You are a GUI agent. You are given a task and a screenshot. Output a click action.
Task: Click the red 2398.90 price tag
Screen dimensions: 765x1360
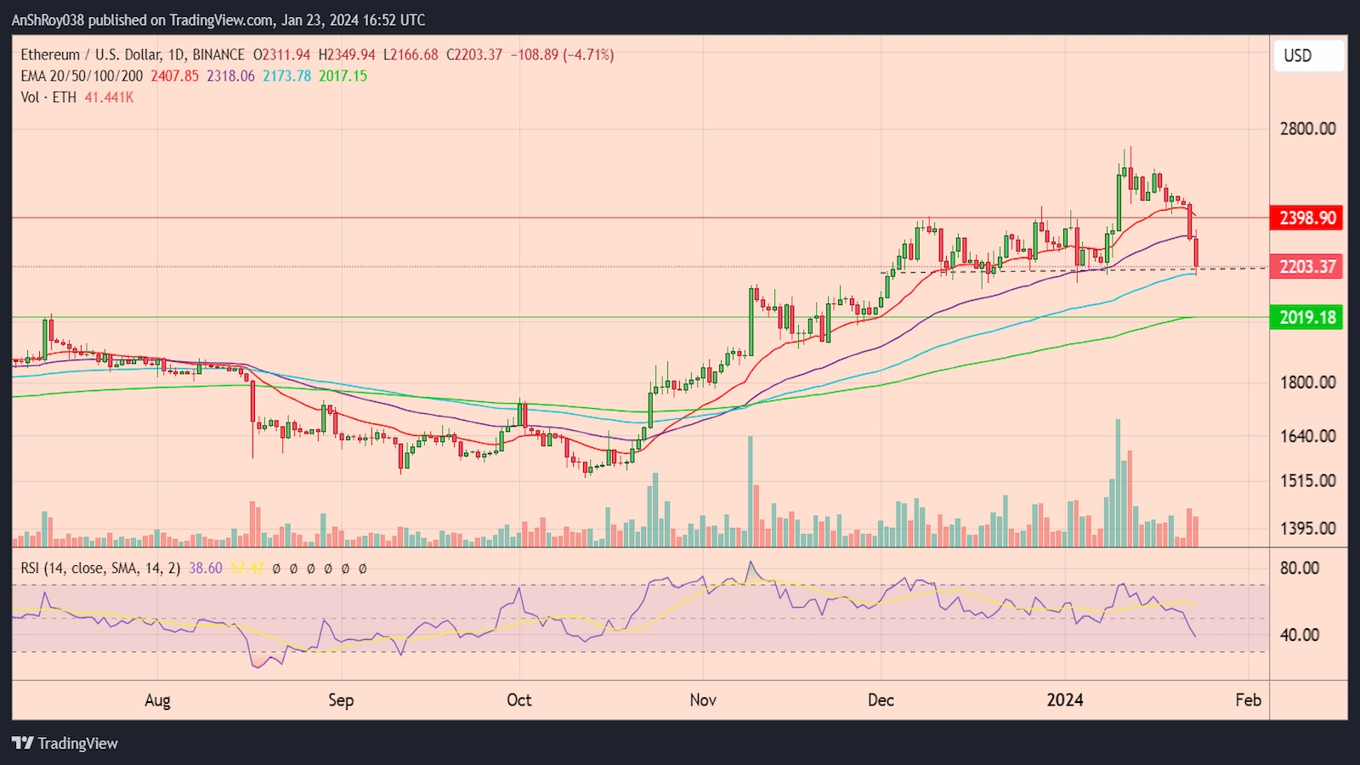pyautogui.click(x=1307, y=218)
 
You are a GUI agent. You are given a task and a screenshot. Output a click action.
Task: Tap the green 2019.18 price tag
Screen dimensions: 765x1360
pyautogui.click(x=1307, y=317)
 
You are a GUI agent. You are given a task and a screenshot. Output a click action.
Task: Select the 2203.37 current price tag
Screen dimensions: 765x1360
pyautogui.click(x=1307, y=266)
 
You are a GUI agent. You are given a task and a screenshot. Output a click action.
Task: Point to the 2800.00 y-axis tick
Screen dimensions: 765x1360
pyautogui.click(x=1307, y=128)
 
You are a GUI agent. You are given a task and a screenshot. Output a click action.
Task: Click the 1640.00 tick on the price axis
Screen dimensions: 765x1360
pyautogui.click(x=1307, y=435)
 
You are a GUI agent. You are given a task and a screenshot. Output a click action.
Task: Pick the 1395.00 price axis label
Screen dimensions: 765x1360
pyautogui.click(x=1307, y=528)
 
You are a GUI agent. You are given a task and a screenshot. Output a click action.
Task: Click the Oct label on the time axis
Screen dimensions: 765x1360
pyautogui.click(x=518, y=700)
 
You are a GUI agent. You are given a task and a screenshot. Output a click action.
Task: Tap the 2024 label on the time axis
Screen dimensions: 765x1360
pyautogui.click(x=1064, y=700)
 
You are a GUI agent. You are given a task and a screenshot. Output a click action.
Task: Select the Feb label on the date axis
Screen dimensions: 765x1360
pyautogui.click(x=1248, y=700)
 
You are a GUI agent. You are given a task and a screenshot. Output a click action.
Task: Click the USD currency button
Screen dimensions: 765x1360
pyautogui.click(x=1308, y=55)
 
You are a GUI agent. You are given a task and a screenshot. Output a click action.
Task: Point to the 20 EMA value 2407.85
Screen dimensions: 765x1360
pyautogui.click(x=174, y=76)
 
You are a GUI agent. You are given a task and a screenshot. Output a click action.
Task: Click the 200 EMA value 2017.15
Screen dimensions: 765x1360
pyautogui.click(x=343, y=76)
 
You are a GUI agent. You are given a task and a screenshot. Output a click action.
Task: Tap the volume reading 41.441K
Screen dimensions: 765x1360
pyautogui.click(x=109, y=97)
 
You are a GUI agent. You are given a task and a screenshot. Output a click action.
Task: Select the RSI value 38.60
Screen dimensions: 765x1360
pyautogui.click(x=205, y=568)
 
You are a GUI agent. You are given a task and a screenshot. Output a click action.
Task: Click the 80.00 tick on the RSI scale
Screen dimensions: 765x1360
pyautogui.click(x=1299, y=568)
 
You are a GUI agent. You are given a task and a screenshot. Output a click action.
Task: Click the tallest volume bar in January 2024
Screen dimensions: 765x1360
pyautogui.click(x=1118, y=483)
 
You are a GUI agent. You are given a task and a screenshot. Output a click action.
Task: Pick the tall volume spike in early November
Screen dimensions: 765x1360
pyautogui.click(x=751, y=491)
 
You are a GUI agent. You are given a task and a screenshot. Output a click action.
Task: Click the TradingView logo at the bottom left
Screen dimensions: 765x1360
pyautogui.click(x=65, y=743)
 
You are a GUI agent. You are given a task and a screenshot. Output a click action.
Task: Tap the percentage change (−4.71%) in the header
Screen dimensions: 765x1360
pyautogui.click(x=588, y=54)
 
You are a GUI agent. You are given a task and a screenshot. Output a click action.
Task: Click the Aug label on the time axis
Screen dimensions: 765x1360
pyautogui.click(x=157, y=700)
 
